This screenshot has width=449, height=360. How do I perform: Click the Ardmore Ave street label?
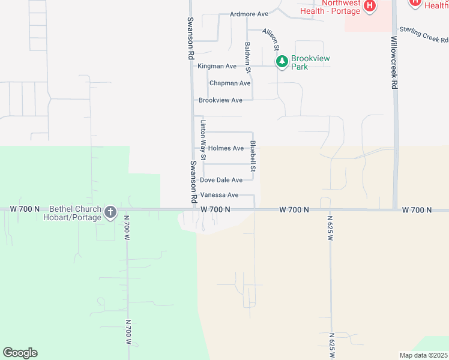249,14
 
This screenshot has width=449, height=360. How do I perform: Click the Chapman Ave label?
230,83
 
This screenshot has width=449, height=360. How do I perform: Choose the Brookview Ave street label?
220,100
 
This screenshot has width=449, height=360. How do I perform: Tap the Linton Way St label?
203,140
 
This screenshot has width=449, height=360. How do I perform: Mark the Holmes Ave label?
226,148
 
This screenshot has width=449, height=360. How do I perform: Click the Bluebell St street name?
253,156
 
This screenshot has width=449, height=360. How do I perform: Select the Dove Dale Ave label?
221,180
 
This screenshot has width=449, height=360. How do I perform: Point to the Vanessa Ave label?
219,195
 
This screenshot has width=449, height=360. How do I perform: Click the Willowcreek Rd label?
394,62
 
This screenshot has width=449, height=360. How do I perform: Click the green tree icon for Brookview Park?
282,61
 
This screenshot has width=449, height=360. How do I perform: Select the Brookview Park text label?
310,62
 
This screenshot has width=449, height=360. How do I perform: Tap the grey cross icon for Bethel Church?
110,212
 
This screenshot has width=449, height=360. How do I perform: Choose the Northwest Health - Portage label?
331,7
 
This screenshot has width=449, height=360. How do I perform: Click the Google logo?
20,353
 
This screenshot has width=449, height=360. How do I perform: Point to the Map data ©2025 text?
423,355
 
